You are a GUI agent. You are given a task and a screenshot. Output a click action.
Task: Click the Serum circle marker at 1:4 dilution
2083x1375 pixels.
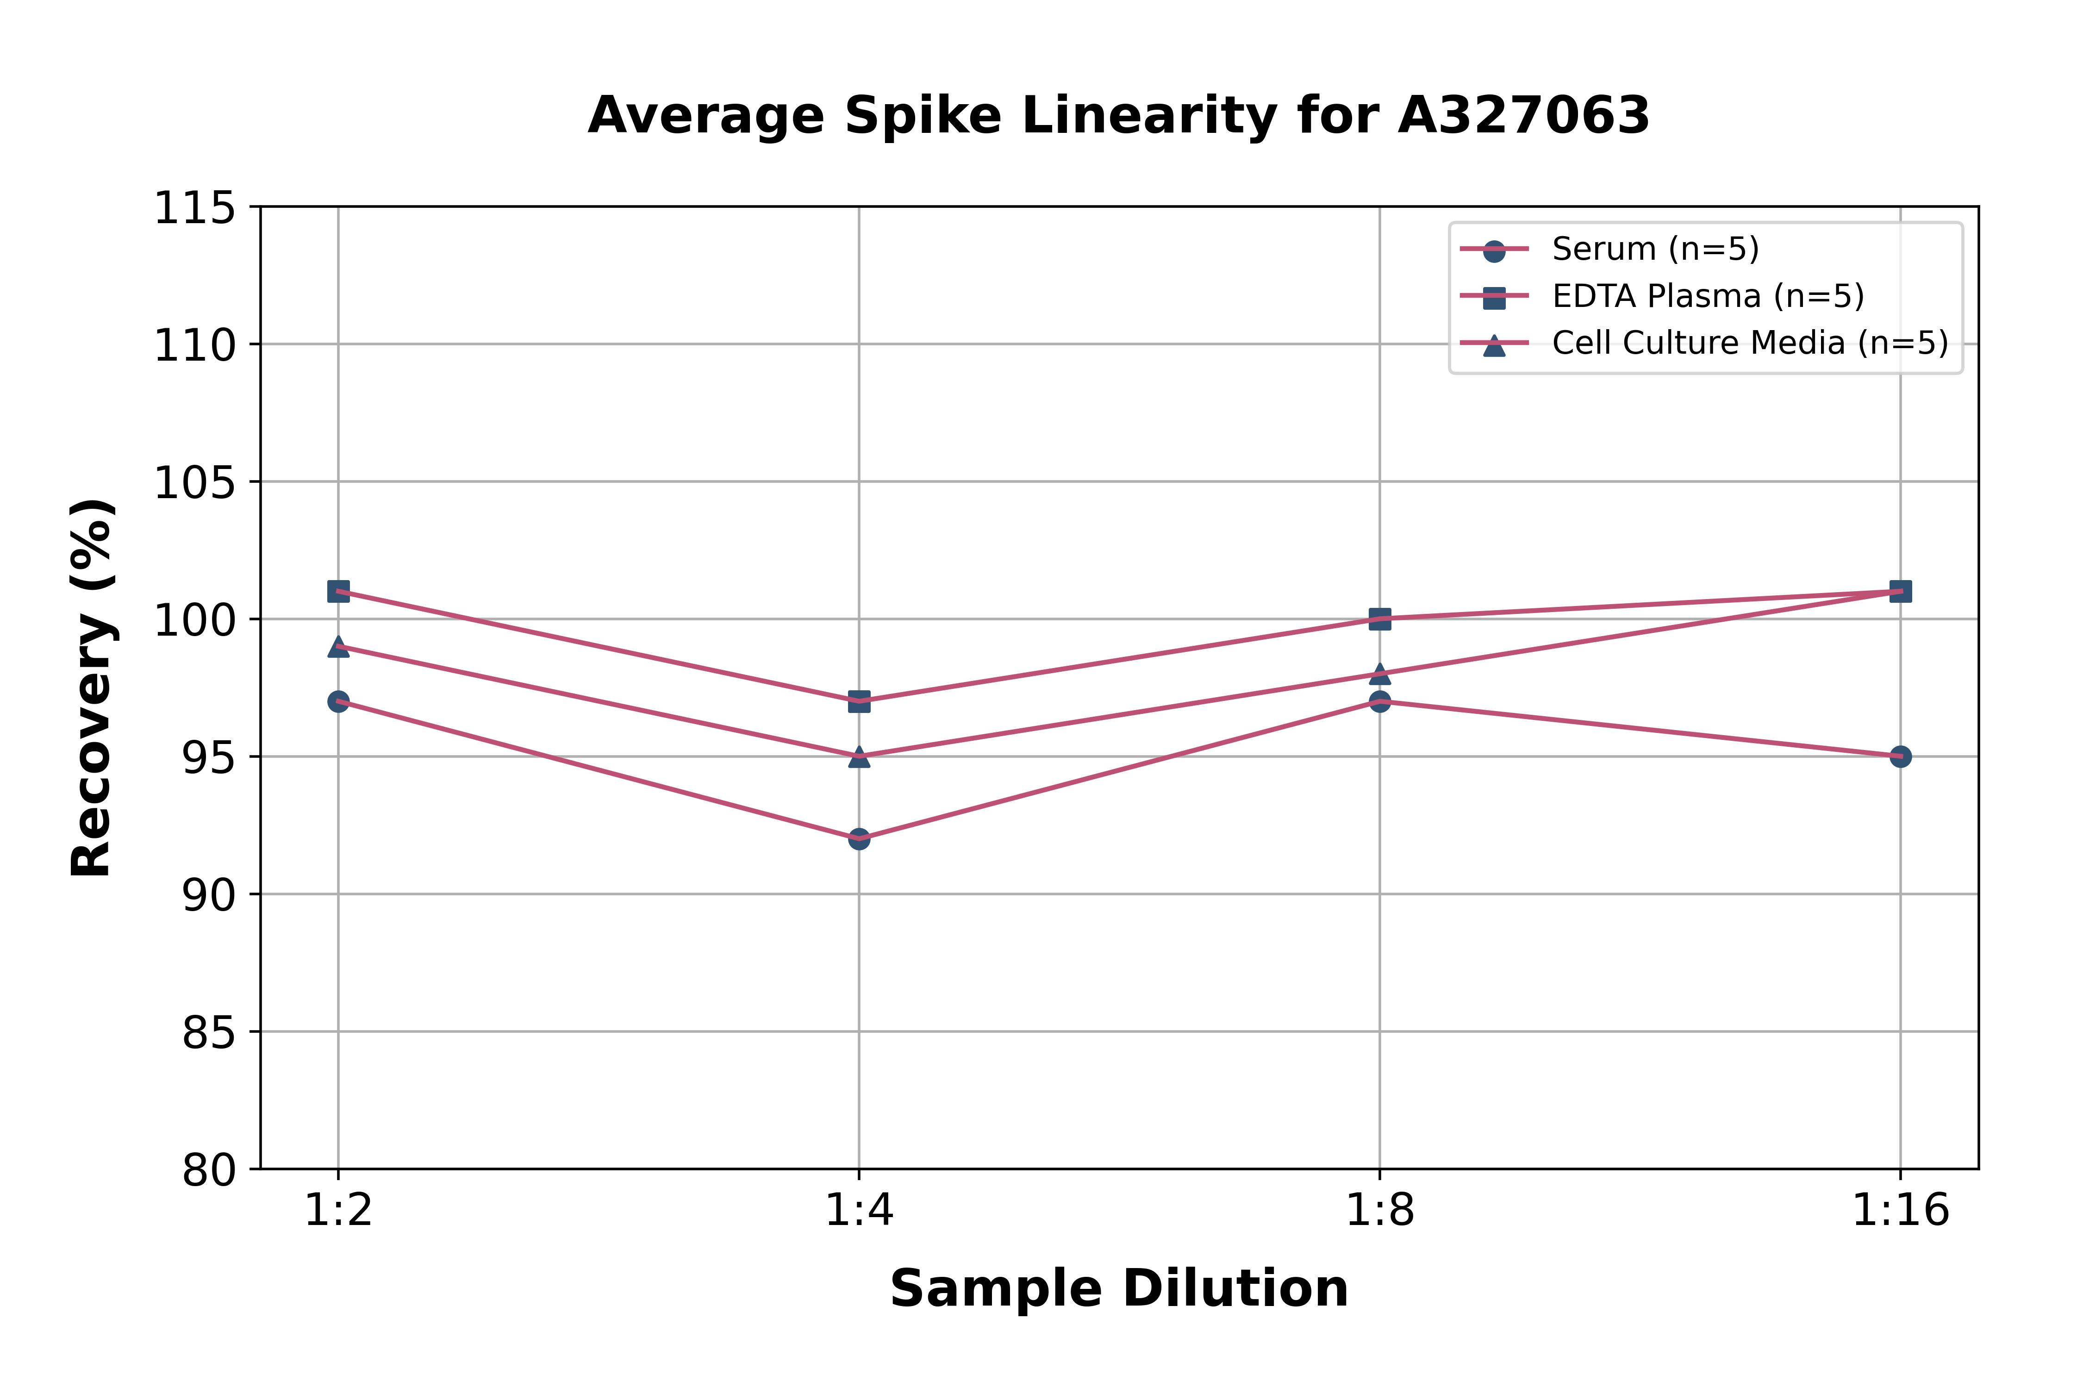tap(859, 839)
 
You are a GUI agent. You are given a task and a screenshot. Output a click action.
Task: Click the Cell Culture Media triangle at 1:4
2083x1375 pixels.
tap(859, 757)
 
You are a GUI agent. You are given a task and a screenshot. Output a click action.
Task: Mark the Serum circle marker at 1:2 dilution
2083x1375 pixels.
tap(338, 701)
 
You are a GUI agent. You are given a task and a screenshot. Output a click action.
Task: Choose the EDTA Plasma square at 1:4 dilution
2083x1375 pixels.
tap(859, 701)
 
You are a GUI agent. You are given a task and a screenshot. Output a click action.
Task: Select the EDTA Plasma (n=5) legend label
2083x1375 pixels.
tap(1708, 296)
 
